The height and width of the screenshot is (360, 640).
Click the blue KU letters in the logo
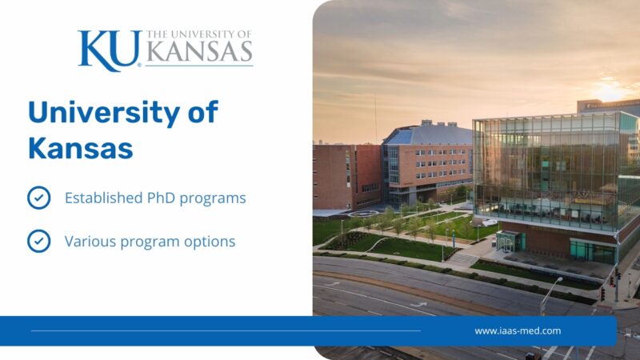[110, 50]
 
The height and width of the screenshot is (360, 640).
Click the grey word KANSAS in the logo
[199, 51]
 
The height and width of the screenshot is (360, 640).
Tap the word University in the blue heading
[104, 113]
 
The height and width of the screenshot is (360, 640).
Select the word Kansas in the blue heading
[81, 148]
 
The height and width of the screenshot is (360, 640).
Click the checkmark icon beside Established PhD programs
[38, 198]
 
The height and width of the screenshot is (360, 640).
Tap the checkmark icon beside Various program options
[38, 241]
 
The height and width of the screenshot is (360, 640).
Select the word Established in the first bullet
[103, 198]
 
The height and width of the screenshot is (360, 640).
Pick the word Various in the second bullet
[90, 242]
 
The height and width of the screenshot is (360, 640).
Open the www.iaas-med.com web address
[518, 330]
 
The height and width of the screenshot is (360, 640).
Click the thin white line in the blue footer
[226, 330]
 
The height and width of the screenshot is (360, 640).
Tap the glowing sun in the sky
[610, 90]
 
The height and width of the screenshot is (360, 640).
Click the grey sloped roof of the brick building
[429, 135]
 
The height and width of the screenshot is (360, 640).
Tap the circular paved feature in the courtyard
[363, 214]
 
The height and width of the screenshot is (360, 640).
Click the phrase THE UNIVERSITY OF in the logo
[198, 34]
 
